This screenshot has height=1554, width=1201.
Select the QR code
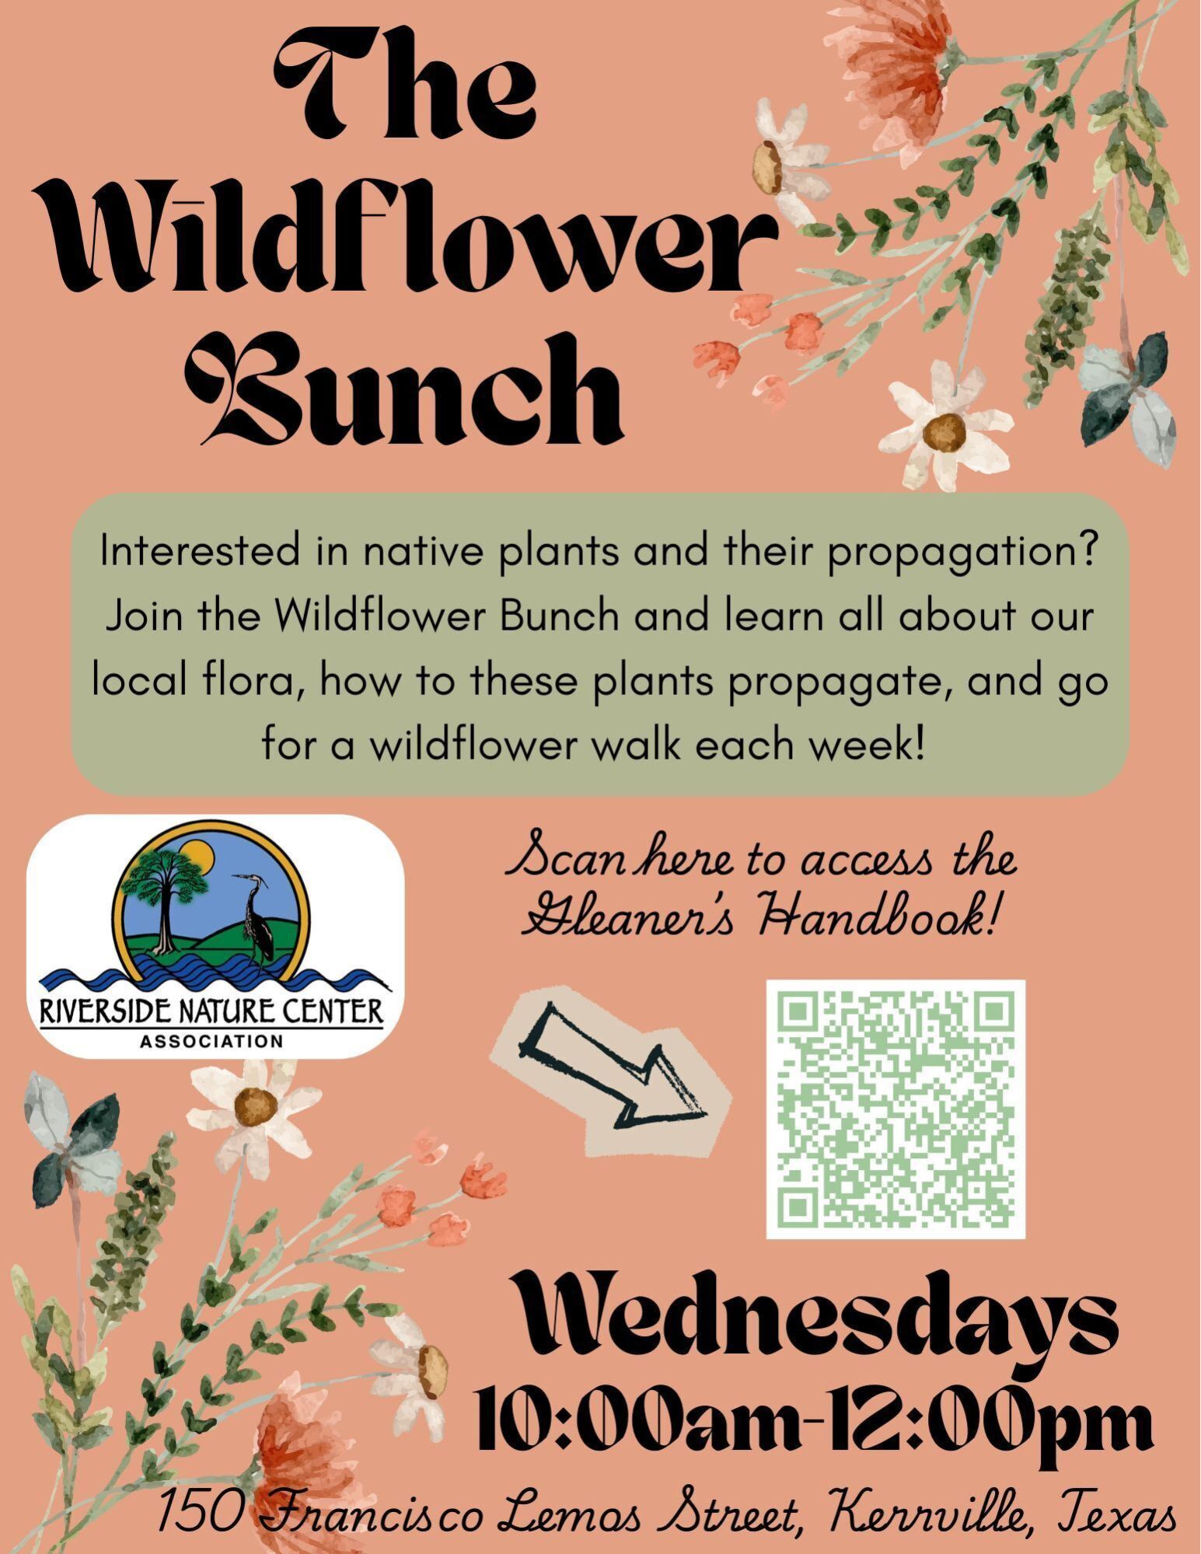point(896,1109)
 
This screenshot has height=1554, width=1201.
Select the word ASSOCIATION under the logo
point(211,1041)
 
